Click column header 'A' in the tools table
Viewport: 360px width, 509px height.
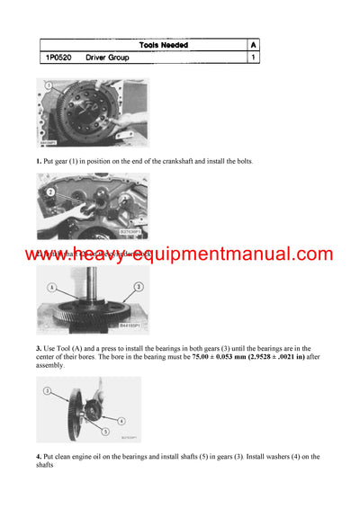[x=254, y=44]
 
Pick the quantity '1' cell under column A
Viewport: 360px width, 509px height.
[x=254, y=58]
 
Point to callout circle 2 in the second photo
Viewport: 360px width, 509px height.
[x=51, y=192]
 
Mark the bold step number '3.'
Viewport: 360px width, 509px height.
[x=40, y=347]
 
